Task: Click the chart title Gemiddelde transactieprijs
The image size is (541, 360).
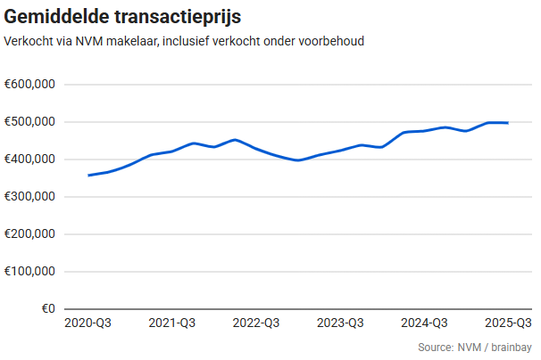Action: (122, 17)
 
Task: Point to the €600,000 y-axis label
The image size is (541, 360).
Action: (31, 85)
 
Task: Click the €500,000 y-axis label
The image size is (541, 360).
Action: (31, 122)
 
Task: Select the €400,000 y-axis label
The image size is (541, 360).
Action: (31, 160)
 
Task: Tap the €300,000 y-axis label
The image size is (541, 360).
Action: (31, 197)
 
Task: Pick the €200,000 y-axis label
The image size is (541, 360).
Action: (31, 234)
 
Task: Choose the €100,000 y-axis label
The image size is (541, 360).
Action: (31, 272)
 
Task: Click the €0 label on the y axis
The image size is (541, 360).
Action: (46, 309)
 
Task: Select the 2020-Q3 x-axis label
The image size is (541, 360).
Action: (87, 323)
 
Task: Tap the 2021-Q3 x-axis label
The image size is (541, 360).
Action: (172, 323)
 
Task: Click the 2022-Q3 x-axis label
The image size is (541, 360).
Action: (256, 323)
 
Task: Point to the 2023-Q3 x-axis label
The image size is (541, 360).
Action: (340, 323)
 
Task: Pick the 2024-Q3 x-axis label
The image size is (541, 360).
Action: (425, 323)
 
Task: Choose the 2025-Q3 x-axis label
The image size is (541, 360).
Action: (507, 323)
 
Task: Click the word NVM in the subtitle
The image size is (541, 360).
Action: (89, 42)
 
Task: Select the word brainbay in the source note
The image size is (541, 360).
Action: (510, 347)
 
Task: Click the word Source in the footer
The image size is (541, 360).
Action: (435, 347)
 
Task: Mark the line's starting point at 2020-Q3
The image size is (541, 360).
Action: (88, 176)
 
